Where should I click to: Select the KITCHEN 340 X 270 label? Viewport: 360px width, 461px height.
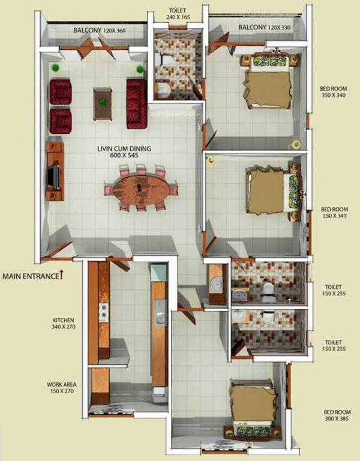tap(63, 324)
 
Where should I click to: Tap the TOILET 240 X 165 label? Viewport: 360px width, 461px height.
tap(178, 14)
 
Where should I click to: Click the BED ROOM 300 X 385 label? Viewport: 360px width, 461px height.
tap(337, 415)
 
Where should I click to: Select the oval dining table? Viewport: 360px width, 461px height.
tap(141, 188)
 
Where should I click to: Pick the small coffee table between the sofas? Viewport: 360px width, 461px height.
tap(103, 103)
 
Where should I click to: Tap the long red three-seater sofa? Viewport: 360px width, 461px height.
tap(136, 103)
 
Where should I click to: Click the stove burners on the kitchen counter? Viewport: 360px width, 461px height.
tap(103, 312)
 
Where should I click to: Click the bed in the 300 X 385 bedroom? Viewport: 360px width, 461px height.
tap(252, 408)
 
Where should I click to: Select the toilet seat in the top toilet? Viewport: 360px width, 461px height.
tap(166, 61)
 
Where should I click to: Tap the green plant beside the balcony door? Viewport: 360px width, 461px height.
tap(56, 67)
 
